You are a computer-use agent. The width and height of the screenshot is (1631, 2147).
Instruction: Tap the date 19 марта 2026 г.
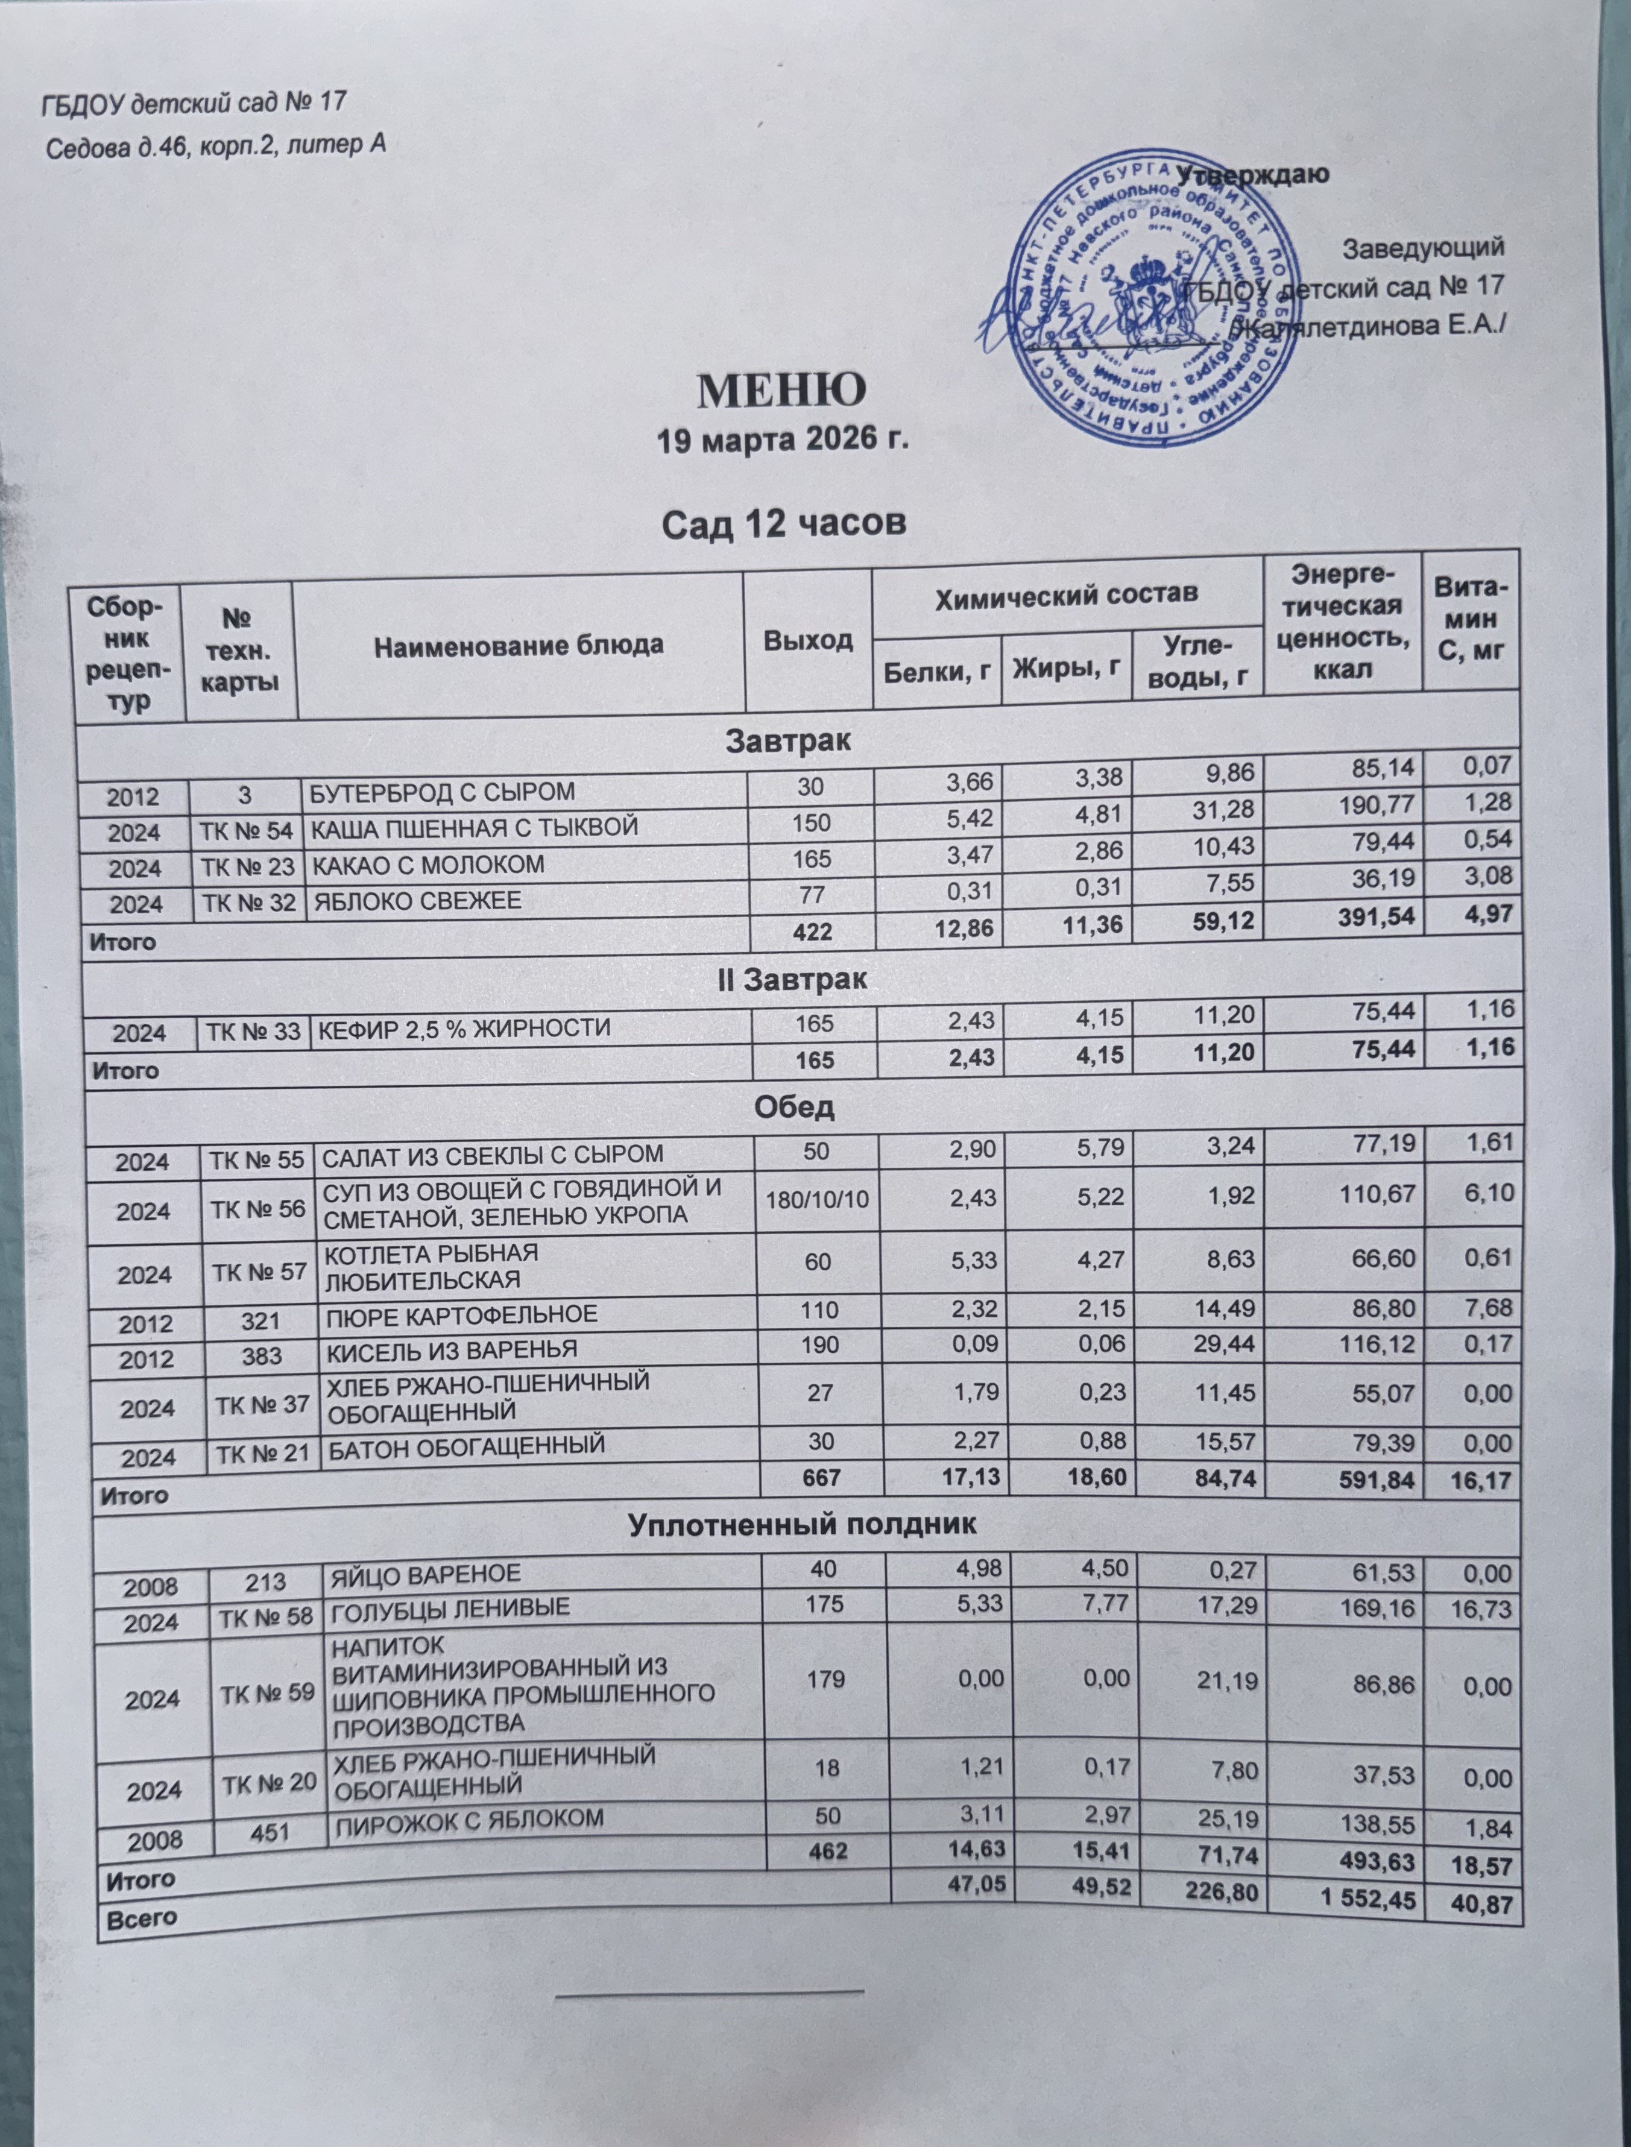pos(783,440)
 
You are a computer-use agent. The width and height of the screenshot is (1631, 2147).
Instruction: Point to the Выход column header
pos(808,640)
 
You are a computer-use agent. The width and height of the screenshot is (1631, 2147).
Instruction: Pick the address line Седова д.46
pos(218,145)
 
